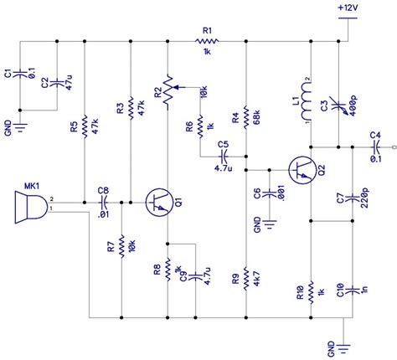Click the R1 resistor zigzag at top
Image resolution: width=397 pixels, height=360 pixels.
point(206,40)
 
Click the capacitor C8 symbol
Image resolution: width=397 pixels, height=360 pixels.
point(104,202)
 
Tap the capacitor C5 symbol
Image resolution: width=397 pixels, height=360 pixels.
point(223,156)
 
